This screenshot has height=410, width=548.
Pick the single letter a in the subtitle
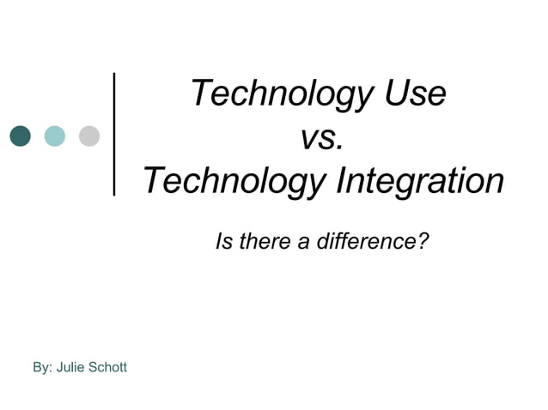point(304,244)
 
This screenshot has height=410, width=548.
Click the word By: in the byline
point(42,368)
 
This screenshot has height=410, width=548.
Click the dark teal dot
point(20,136)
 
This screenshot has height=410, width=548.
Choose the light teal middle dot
point(54,136)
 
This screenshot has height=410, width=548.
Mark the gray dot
point(89,136)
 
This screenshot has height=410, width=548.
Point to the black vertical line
point(115,136)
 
